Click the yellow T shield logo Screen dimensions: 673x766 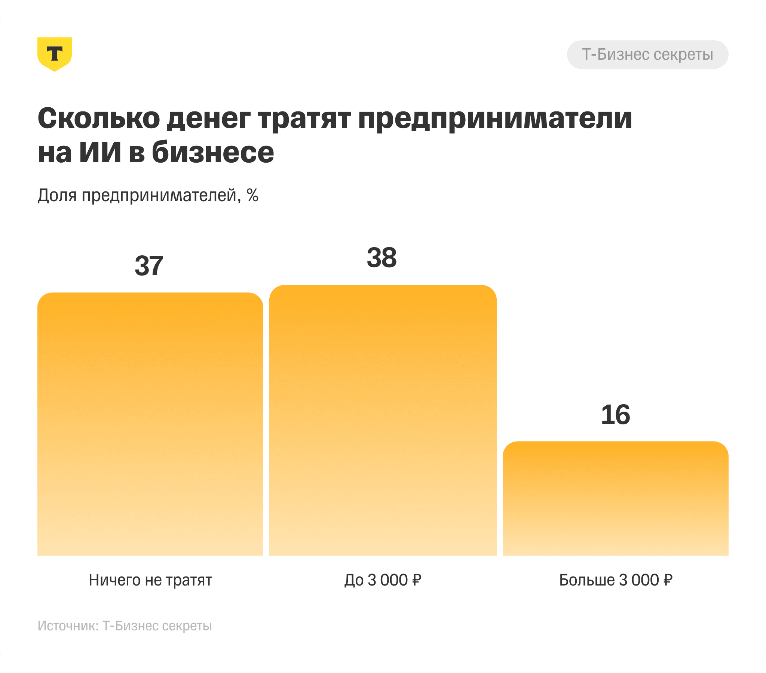pos(55,54)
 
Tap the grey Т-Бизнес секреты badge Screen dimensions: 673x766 pos(647,55)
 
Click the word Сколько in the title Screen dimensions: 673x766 pos(99,119)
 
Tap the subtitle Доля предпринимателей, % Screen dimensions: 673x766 pos(148,195)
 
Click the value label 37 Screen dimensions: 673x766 pos(149,266)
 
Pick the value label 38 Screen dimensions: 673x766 pos(382,258)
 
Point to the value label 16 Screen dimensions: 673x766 pos(615,415)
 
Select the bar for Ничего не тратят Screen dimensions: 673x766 pos(150,424)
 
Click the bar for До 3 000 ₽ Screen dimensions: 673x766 pos(383,420)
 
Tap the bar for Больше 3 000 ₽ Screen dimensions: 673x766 pos(615,498)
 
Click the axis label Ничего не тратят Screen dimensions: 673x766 pos(150,580)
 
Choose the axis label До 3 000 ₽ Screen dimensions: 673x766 pos(383,580)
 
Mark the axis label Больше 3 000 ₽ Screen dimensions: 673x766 pos(615,580)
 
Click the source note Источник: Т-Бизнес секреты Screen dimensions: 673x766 pos(125,626)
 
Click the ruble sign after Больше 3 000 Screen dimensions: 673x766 pos(667,580)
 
